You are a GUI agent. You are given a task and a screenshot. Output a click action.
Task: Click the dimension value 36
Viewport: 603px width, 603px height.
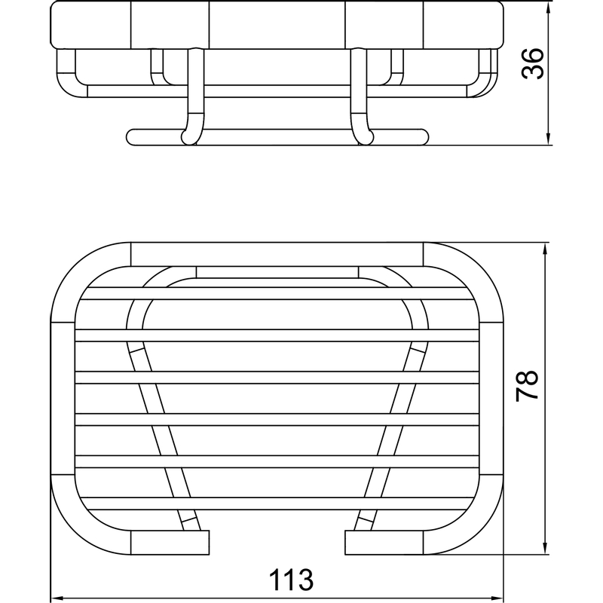(x=533, y=63)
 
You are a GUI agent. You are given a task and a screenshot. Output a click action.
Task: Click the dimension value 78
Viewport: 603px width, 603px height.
(x=527, y=386)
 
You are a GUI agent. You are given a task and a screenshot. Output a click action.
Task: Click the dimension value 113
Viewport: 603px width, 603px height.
(x=291, y=580)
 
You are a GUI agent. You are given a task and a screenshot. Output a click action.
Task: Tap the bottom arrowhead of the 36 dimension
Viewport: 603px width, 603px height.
(x=549, y=139)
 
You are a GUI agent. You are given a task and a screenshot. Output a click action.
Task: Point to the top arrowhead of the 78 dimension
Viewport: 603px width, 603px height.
(x=545, y=249)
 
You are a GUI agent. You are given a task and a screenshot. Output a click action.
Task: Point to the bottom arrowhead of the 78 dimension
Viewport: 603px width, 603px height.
(x=545, y=548)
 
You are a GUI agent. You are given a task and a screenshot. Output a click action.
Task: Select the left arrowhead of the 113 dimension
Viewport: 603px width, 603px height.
(x=58, y=598)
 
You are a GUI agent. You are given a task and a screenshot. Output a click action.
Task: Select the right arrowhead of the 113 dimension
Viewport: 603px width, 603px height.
(x=497, y=598)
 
